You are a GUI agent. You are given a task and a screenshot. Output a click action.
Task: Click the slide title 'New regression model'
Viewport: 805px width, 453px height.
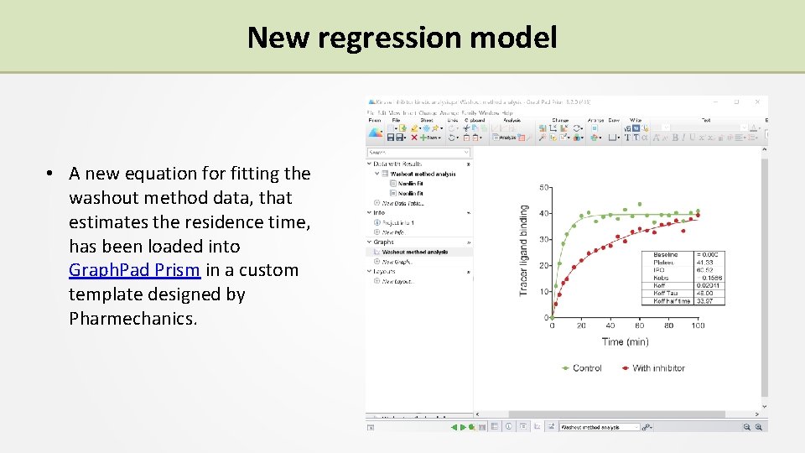coord(402,37)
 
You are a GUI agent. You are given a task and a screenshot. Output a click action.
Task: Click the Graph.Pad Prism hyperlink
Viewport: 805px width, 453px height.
coord(134,270)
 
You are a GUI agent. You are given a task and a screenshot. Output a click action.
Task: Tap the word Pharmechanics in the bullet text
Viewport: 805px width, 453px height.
coord(132,319)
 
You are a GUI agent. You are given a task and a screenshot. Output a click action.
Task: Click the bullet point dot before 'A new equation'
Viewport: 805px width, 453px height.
coord(51,174)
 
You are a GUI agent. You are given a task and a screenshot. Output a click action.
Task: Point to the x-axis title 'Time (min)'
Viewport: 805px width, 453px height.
coord(624,342)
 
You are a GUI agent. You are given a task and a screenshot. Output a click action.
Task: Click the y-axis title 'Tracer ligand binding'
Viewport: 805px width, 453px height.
coord(524,250)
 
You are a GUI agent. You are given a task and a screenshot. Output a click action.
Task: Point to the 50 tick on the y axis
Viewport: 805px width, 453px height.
coord(544,187)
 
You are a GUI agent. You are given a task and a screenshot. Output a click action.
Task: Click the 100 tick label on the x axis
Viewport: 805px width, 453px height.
coord(698,326)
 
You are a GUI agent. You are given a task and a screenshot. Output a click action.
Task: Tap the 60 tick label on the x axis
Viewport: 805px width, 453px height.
coord(640,326)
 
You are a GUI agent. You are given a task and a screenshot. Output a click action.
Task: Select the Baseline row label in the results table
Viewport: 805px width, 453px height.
coord(666,255)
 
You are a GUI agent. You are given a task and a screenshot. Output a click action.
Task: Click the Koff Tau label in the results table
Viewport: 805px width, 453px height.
coord(667,293)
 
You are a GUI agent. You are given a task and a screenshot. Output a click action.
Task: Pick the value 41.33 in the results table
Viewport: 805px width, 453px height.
coord(704,263)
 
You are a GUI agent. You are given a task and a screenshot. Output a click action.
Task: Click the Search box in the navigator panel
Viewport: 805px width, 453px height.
coord(418,153)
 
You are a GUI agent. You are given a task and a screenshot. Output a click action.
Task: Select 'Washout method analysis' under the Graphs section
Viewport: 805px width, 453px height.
coord(415,252)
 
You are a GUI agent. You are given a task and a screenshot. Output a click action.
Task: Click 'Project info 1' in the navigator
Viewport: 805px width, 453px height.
coord(400,222)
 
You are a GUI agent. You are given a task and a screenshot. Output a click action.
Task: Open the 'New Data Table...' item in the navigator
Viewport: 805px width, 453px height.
coord(403,203)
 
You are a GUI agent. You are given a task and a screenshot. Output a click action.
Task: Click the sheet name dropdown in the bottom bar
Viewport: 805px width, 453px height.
coord(600,427)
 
